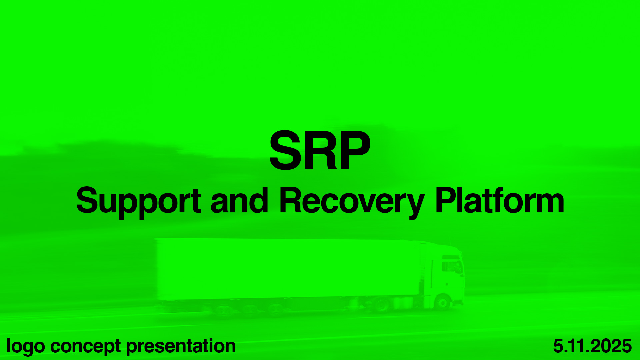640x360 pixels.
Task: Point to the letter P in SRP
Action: pyautogui.click(x=355, y=150)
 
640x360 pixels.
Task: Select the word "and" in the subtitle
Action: pyautogui.click(x=239, y=200)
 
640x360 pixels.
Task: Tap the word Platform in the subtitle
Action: pyautogui.click(x=500, y=200)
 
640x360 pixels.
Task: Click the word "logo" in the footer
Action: pyautogui.click(x=26, y=347)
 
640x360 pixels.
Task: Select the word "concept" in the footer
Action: pyautogui.click(x=85, y=347)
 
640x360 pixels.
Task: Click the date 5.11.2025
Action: pyautogui.click(x=592, y=346)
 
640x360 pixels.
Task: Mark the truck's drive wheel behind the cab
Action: pyautogui.click(x=382, y=305)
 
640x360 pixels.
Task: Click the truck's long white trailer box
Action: pyautogui.click(x=289, y=269)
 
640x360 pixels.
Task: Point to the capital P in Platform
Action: pyautogui.click(x=446, y=200)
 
